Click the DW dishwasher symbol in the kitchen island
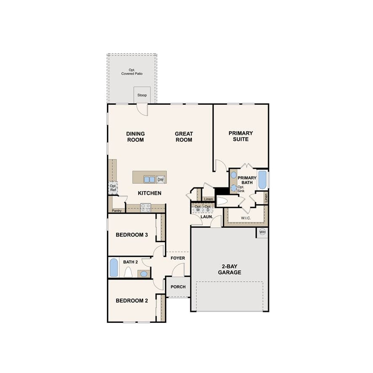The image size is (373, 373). (160, 180)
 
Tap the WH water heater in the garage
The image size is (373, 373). (262, 232)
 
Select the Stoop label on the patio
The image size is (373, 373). (142, 95)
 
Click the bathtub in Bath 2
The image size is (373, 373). (114, 268)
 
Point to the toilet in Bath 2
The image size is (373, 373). (128, 272)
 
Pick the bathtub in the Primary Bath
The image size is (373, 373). (262, 180)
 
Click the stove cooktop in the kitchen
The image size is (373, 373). (145, 208)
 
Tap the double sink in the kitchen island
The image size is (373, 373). (149, 179)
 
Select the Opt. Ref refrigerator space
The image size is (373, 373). (113, 188)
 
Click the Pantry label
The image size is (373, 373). (117, 210)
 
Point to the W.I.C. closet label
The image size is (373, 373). (246, 218)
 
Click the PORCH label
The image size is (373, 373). (178, 287)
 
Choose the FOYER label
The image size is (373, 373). (178, 258)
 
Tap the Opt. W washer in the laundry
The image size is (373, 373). (198, 208)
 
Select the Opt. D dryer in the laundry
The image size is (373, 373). (208, 208)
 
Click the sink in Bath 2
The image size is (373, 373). (144, 274)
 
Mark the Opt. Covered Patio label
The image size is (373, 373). (132, 72)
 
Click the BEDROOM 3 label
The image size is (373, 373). (132, 235)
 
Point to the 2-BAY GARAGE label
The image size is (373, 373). (229, 269)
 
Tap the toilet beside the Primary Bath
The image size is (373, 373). (222, 201)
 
